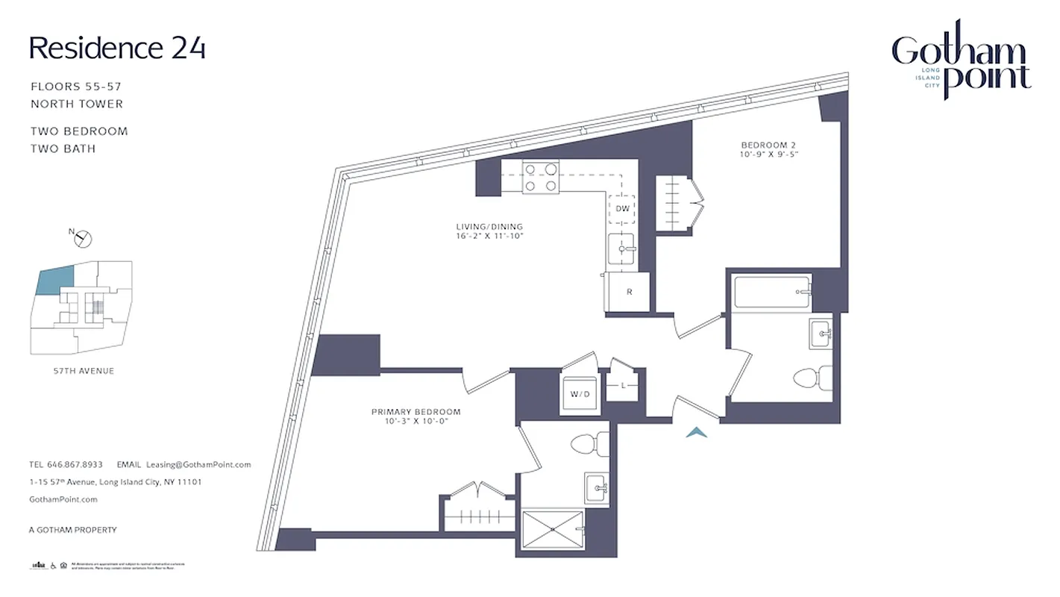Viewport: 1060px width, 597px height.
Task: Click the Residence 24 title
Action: pyautogui.click(x=117, y=48)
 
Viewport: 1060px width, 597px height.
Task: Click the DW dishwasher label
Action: pyautogui.click(x=621, y=208)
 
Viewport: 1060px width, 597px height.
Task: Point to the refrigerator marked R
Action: pyautogui.click(x=629, y=291)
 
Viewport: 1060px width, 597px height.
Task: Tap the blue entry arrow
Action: pyautogui.click(x=696, y=431)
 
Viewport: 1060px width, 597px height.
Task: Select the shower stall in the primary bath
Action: pyautogui.click(x=553, y=529)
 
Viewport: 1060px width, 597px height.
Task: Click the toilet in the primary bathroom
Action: pyautogui.click(x=590, y=445)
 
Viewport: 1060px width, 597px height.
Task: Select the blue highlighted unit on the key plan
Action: pyautogui.click(x=55, y=281)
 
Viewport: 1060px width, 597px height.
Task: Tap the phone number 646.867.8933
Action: pyautogui.click(x=76, y=464)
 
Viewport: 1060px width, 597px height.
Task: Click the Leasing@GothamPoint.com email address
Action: pyautogui.click(x=198, y=464)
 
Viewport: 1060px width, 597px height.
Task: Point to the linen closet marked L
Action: pyautogui.click(x=623, y=386)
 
